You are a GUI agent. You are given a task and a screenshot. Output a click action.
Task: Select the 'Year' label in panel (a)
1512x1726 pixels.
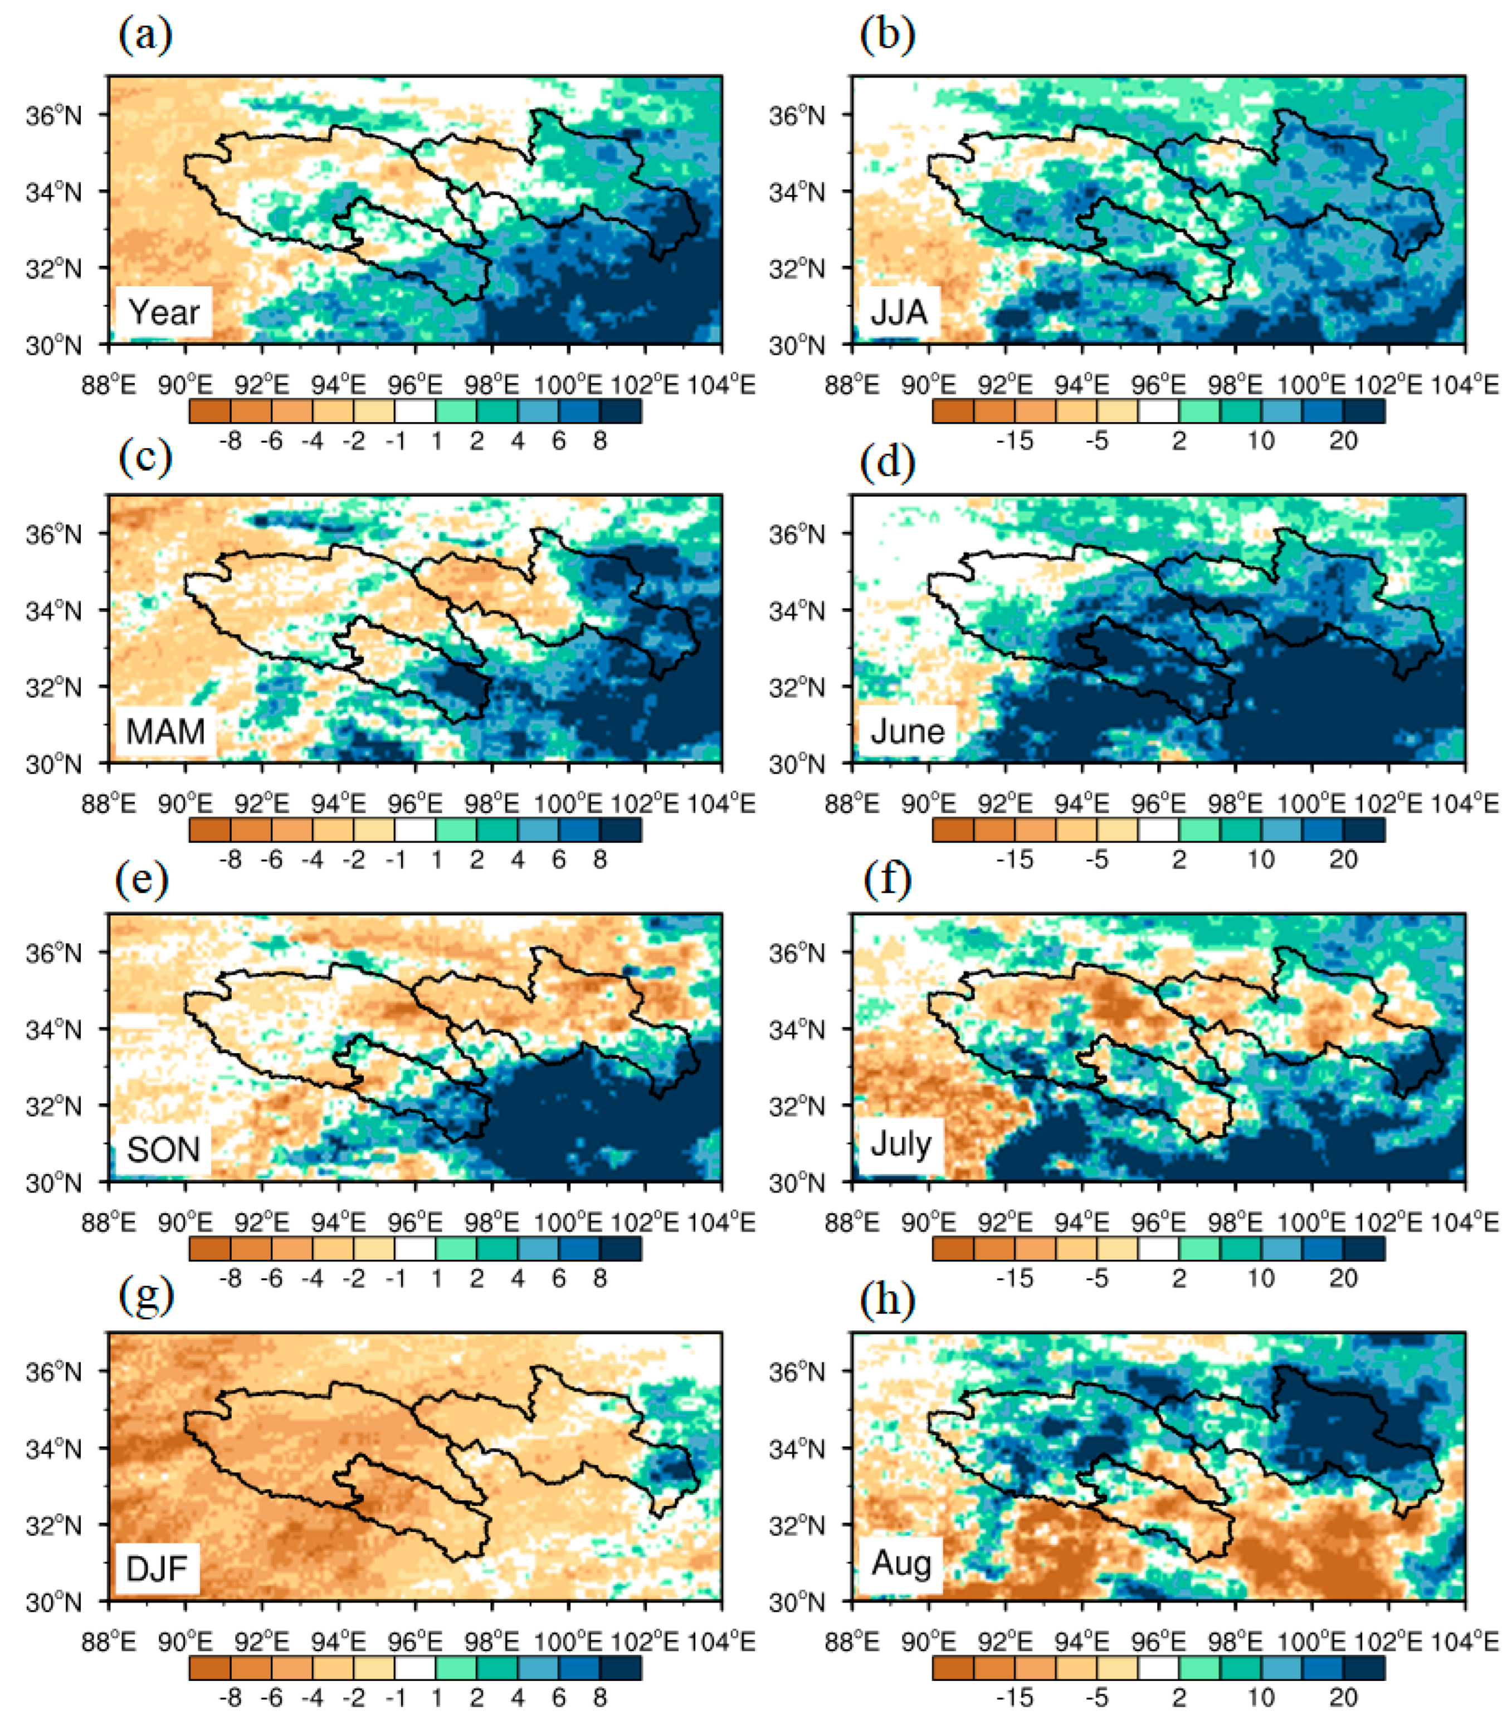(x=164, y=312)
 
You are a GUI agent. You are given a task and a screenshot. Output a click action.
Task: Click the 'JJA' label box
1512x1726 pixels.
(x=899, y=312)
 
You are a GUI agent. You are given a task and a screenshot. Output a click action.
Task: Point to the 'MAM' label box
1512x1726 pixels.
(x=165, y=731)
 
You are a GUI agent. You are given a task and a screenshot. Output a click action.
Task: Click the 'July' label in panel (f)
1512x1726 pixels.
(x=901, y=1144)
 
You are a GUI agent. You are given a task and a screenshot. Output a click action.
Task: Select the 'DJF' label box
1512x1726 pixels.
(x=157, y=1568)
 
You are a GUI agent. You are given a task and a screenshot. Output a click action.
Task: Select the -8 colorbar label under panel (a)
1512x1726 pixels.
(x=230, y=441)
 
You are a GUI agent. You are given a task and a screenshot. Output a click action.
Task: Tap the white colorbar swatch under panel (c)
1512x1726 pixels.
(x=415, y=830)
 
